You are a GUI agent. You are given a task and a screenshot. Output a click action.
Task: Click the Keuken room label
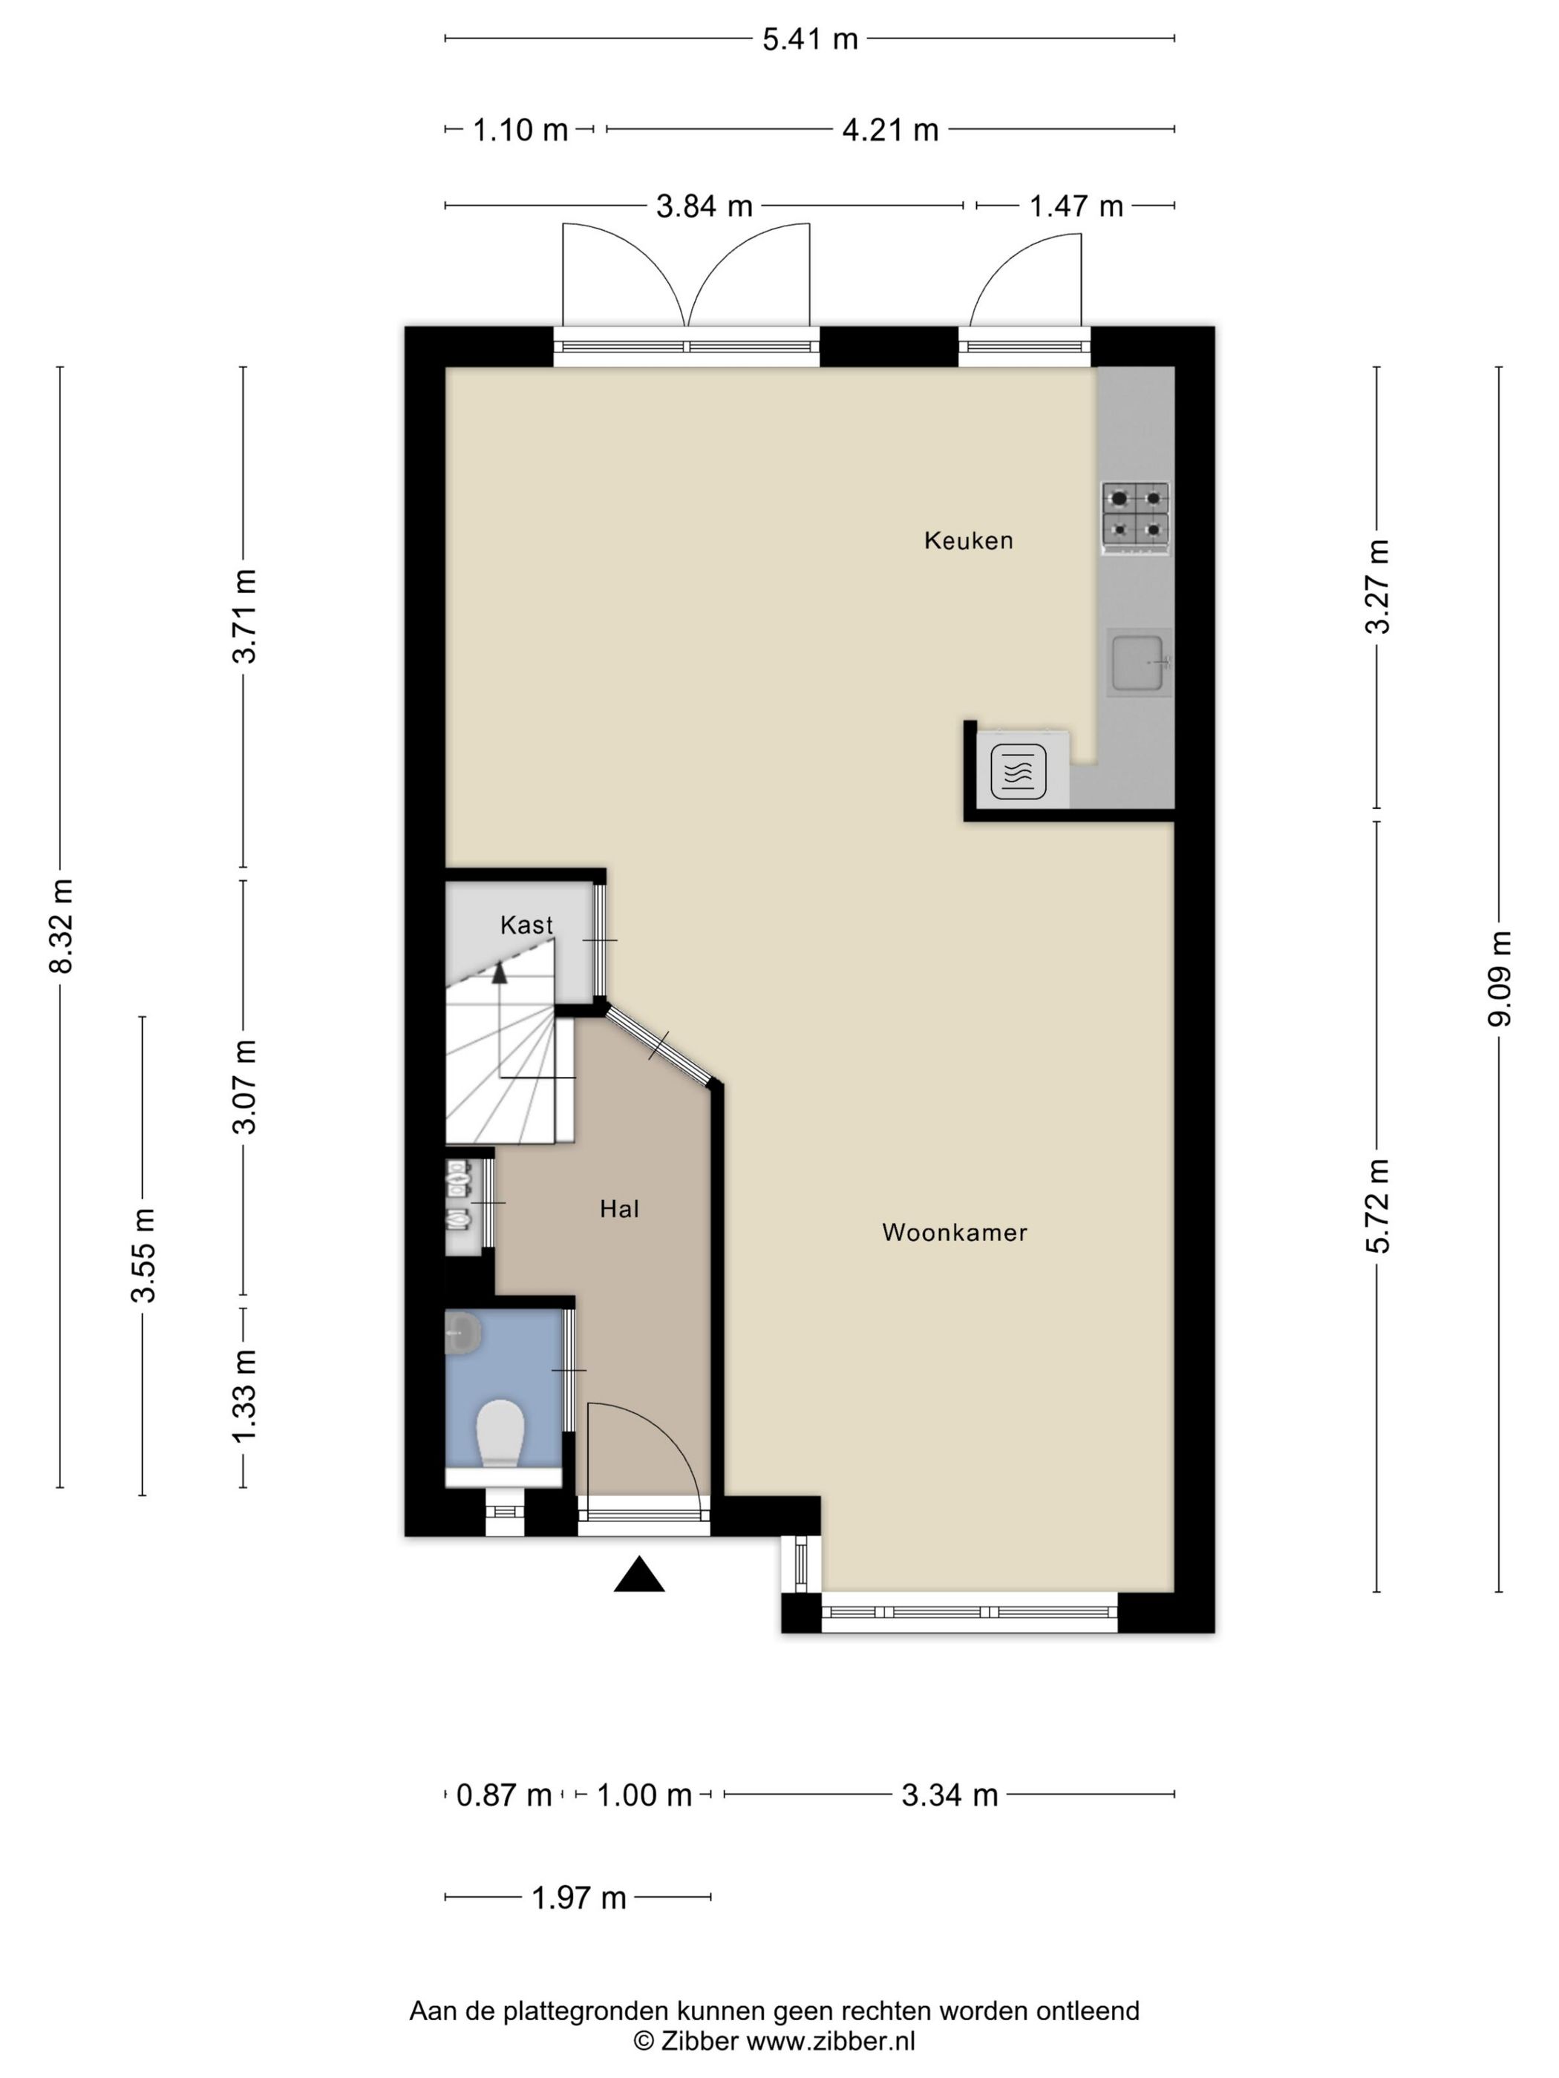pos(968,540)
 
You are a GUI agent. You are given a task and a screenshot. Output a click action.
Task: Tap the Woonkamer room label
pos(955,1233)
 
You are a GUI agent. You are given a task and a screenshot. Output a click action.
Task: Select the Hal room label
pos(619,1209)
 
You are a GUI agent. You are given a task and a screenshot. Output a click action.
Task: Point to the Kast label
pos(526,925)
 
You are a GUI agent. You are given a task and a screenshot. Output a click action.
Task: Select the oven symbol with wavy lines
pos(1019,771)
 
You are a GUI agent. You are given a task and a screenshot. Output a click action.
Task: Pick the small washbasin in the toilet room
pos(463,1333)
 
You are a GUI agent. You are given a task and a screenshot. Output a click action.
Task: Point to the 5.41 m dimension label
pos(810,39)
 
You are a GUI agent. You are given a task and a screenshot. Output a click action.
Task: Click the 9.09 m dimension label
pos(1499,979)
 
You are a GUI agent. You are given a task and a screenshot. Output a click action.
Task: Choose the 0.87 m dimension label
pos(503,1795)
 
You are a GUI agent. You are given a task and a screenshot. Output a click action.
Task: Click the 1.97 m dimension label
pos(579,1898)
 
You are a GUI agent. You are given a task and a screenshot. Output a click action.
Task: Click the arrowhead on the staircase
pos(500,972)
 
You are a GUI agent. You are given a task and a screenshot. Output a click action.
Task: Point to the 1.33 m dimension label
pos(244,1396)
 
